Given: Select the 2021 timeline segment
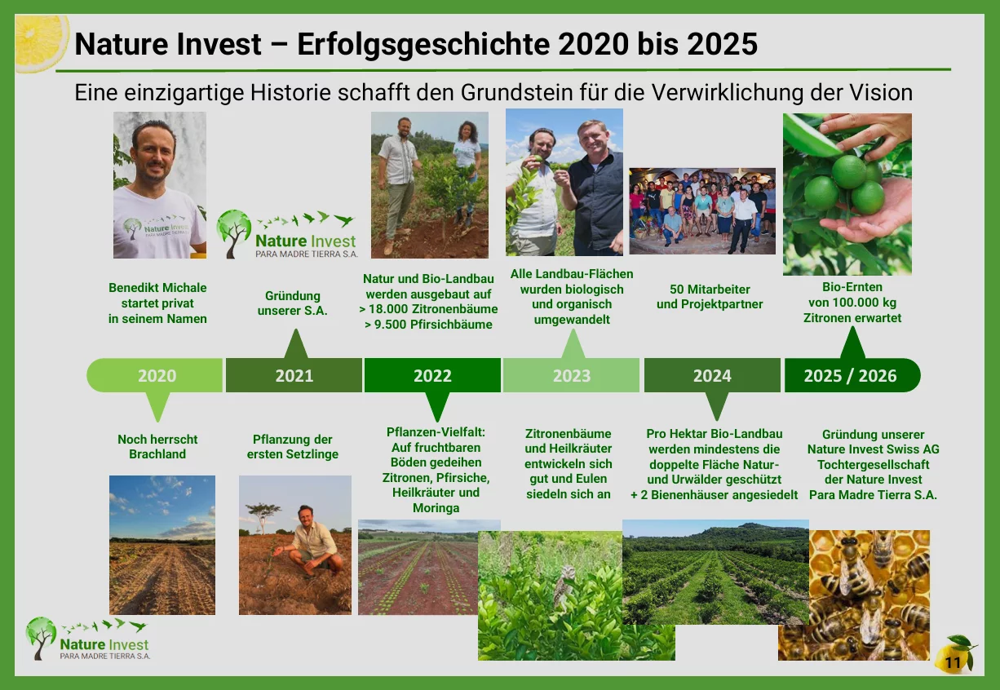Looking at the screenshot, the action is [x=294, y=375].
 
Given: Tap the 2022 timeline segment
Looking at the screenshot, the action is [x=432, y=375].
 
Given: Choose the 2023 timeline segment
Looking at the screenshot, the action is [x=572, y=375].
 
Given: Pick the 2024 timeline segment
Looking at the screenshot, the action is [x=712, y=375].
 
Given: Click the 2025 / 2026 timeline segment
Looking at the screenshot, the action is [x=852, y=375].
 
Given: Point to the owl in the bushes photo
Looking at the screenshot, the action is [x=564, y=585].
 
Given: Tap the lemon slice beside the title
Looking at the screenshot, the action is [x=41, y=43].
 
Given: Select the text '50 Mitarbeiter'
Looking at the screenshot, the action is [x=710, y=289].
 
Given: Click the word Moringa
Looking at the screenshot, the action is [x=436, y=508].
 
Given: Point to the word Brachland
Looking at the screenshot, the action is [x=157, y=454].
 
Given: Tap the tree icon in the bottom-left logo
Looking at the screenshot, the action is [x=41, y=637].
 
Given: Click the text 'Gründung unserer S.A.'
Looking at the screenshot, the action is [x=292, y=303].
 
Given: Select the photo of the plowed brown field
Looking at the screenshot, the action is [x=162, y=545].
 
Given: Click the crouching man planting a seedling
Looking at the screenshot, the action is [x=312, y=542].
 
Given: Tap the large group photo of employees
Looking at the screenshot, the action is [x=702, y=211].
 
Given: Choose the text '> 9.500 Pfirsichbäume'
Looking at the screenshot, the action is [x=428, y=325].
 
